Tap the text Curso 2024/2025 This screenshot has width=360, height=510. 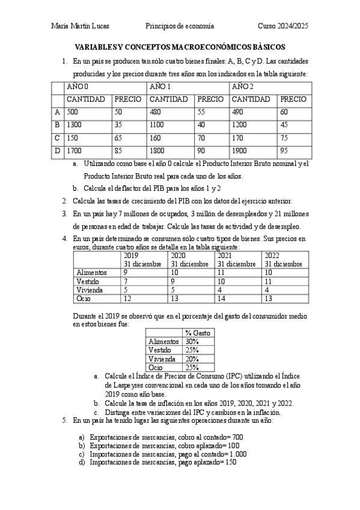click(x=282, y=26)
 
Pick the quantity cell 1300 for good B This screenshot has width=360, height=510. click(x=75, y=124)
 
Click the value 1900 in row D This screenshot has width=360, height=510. click(x=241, y=150)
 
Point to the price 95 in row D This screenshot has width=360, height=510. click(x=285, y=150)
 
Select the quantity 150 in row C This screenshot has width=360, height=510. click(x=73, y=138)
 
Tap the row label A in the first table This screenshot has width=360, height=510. click(x=57, y=112)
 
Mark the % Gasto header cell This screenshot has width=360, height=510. click(x=197, y=332)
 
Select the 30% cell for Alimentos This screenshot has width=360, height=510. click(x=192, y=341)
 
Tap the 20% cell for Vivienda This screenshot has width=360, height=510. click(x=192, y=358)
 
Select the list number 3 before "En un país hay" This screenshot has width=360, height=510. click(x=64, y=214)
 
